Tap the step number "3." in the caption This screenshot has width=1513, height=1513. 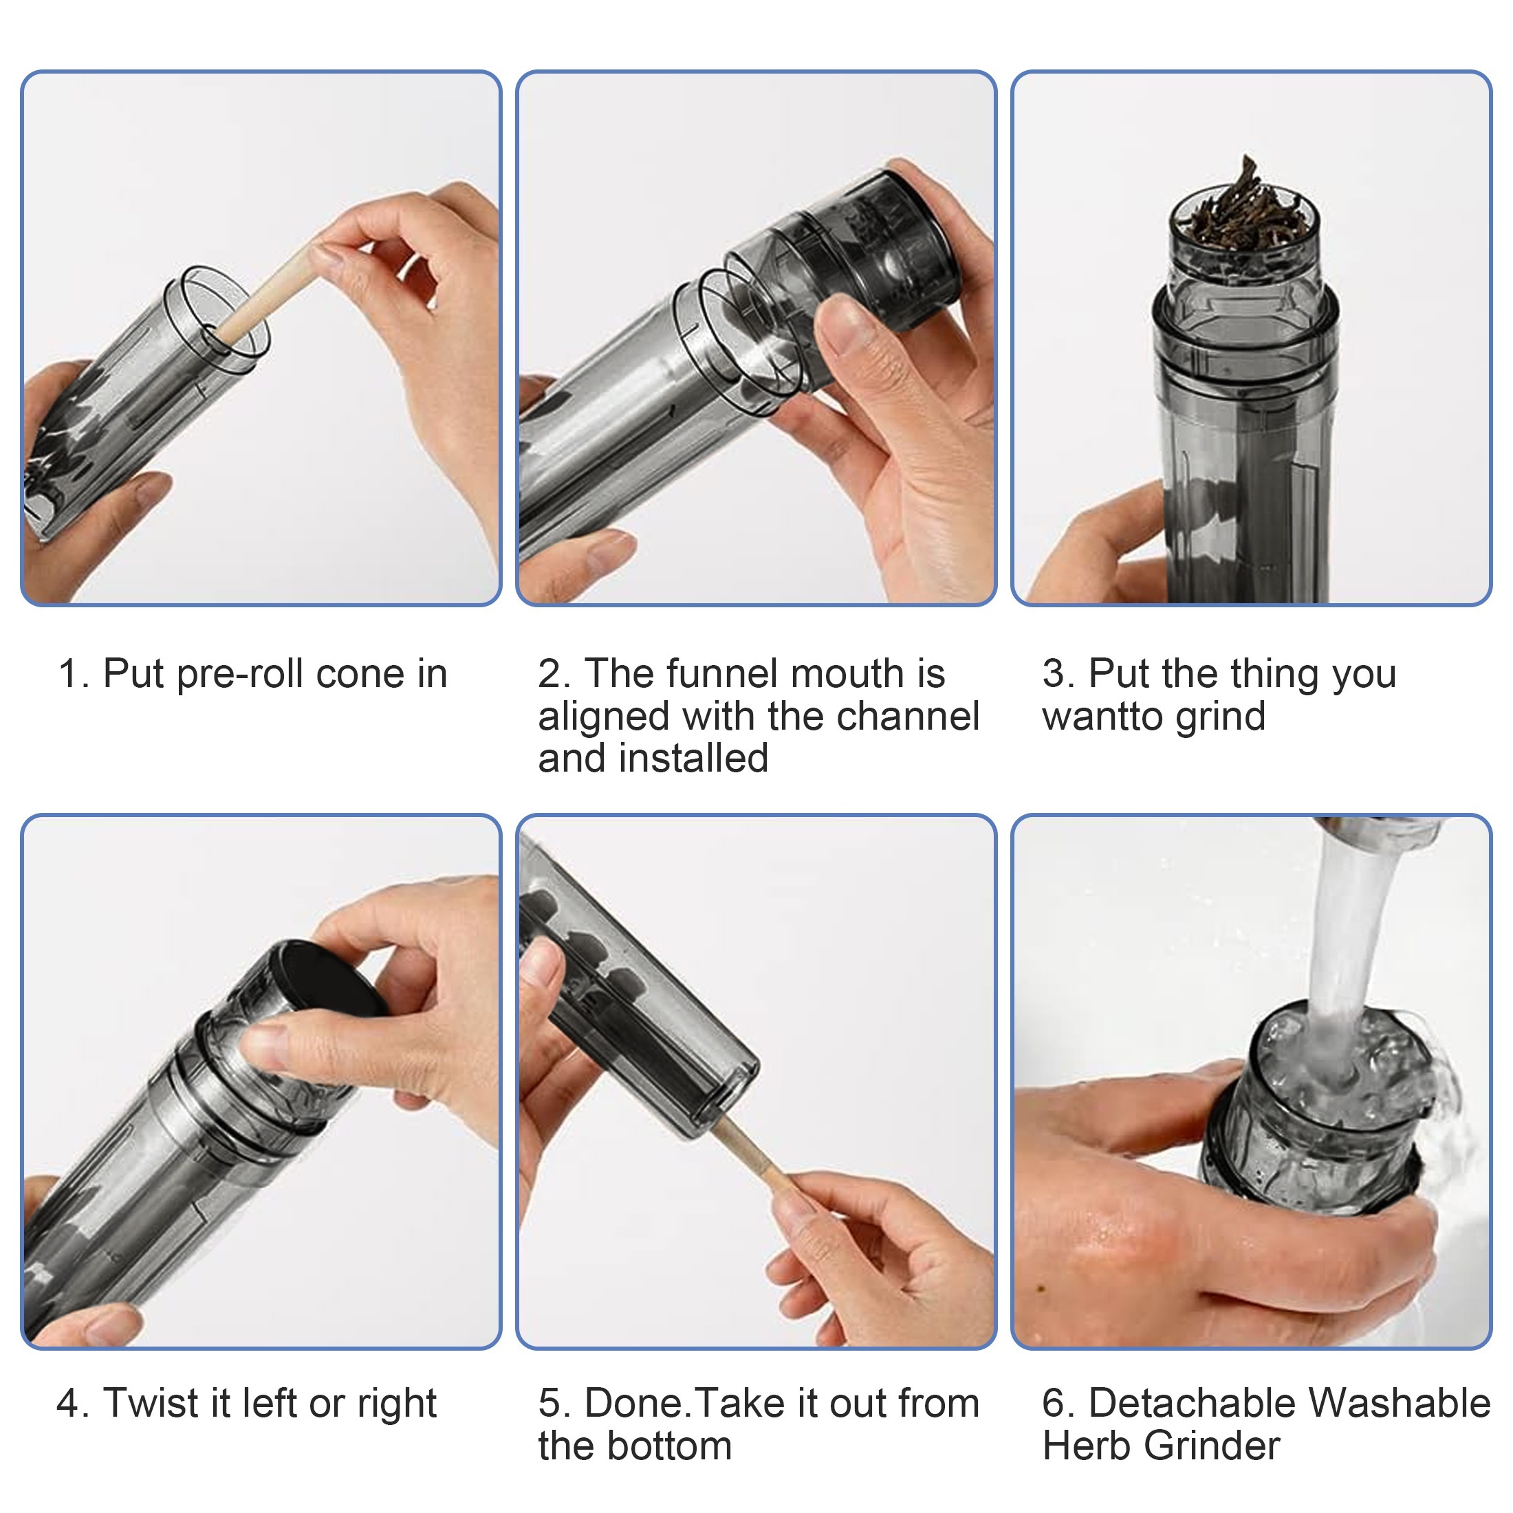[x=1058, y=674]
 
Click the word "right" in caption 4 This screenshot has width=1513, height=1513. [x=398, y=1404]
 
